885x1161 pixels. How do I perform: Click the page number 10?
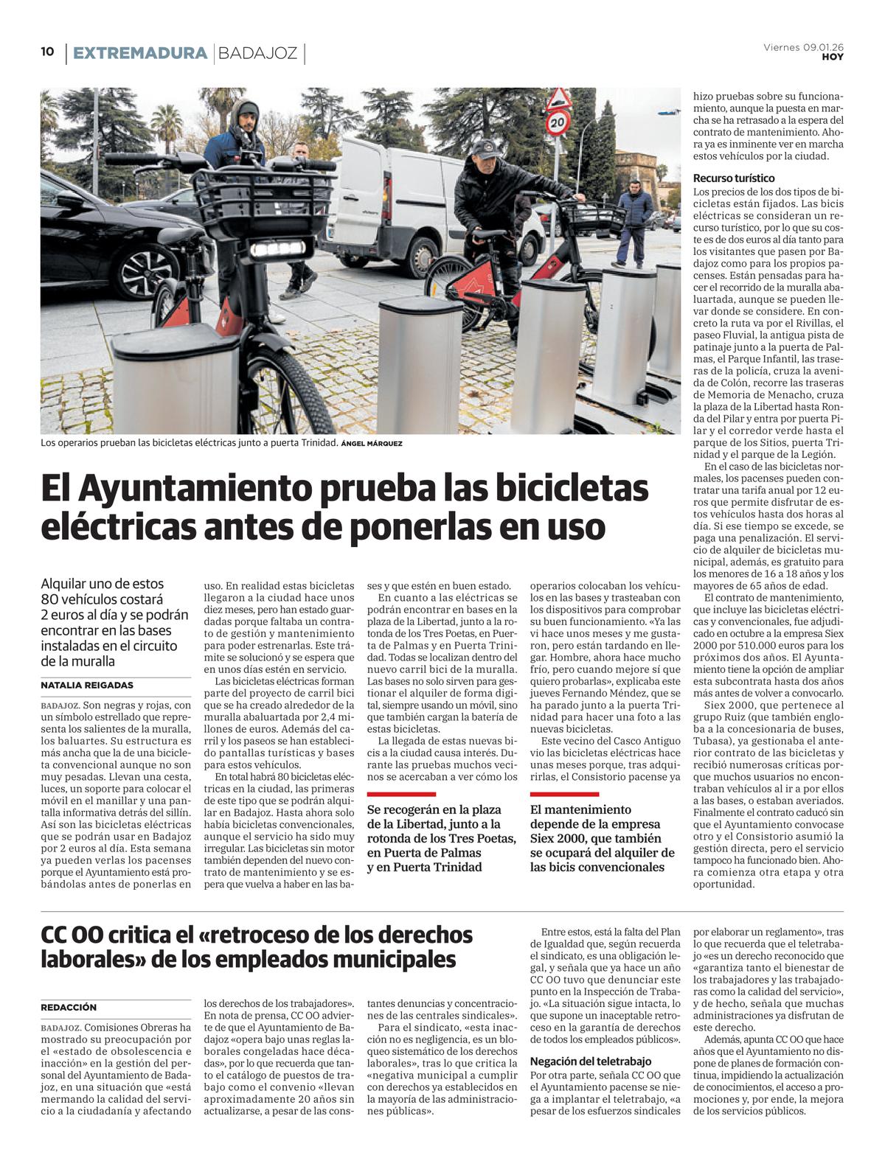point(47,52)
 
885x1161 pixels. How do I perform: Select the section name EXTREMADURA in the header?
point(140,53)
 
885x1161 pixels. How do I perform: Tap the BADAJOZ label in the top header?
point(258,53)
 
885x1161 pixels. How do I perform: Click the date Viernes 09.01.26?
point(803,47)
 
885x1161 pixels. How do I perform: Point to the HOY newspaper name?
point(833,57)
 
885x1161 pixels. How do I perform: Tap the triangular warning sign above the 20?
point(559,97)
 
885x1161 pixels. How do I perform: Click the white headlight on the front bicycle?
point(278,250)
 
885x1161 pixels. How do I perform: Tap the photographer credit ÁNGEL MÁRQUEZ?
point(372,444)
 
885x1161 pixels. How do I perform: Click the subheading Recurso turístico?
point(733,178)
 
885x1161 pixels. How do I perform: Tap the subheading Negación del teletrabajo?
point(591,1061)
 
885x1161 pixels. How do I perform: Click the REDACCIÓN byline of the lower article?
point(69,1007)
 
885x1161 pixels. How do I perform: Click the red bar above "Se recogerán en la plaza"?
point(401,795)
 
